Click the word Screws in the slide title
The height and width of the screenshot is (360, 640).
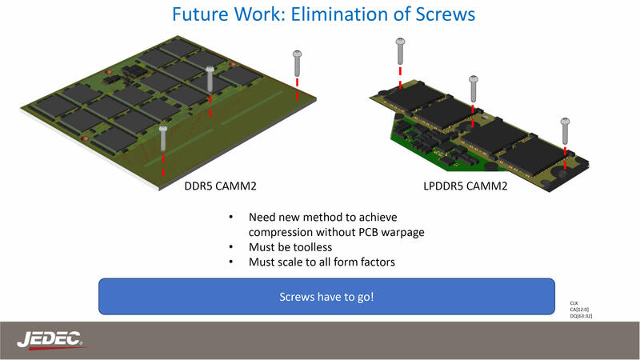446,14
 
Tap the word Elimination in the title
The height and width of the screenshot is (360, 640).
336,14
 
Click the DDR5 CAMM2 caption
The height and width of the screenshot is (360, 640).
221,186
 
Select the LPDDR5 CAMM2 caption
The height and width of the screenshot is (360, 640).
466,186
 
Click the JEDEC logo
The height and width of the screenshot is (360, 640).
50,340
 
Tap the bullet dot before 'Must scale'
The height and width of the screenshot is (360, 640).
231,262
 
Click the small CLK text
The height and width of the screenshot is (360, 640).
574,303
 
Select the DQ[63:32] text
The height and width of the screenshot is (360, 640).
581,316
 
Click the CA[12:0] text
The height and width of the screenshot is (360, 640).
579,310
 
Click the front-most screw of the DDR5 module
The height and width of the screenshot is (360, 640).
163,138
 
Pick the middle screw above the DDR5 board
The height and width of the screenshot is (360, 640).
210,79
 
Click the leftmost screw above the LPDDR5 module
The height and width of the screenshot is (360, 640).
401,51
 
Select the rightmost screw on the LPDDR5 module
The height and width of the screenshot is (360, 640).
565,131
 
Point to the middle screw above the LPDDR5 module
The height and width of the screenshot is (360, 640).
474,89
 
